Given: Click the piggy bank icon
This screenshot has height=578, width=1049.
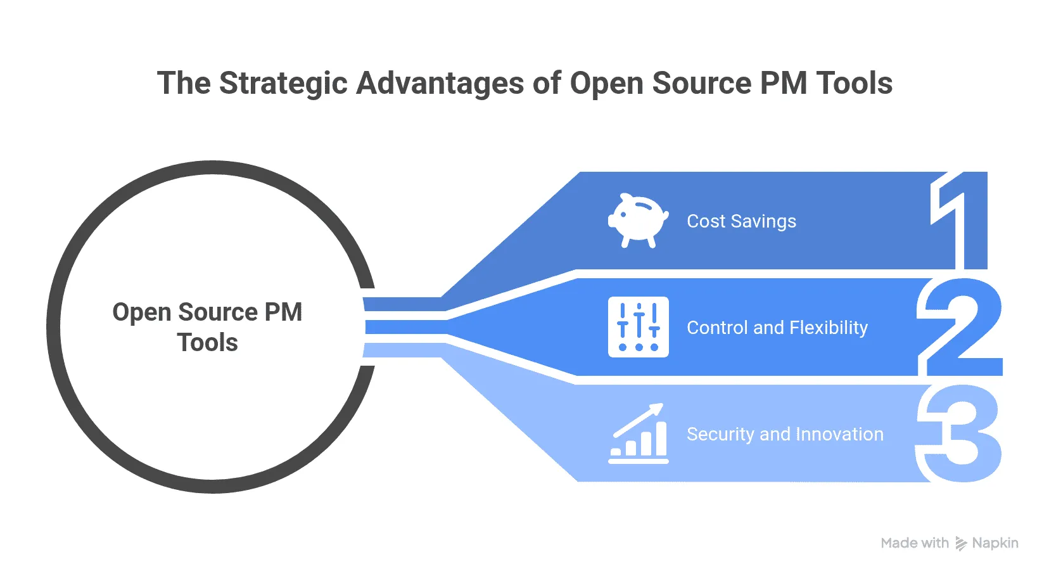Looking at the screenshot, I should click(x=638, y=220).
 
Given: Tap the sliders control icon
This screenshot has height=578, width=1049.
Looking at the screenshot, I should click(x=638, y=327).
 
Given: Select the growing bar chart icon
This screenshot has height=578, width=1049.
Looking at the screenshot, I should click(x=638, y=434).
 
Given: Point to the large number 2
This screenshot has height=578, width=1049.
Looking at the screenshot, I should click(x=960, y=328).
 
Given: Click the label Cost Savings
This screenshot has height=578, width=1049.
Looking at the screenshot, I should click(x=741, y=221).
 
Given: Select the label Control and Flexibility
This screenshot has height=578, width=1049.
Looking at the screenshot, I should click(x=777, y=328).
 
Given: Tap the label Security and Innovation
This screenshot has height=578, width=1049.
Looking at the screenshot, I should click(x=784, y=434).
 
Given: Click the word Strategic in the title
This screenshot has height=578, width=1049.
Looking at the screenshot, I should click(x=283, y=84).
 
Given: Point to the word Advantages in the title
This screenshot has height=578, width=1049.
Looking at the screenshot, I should click(x=440, y=84).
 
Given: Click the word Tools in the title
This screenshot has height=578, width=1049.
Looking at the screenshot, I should click(x=854, y=84).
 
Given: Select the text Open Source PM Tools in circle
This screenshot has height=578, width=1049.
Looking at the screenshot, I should click(x=207, y=327).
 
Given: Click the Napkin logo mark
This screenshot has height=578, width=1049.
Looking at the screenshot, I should click(x=960, y=543).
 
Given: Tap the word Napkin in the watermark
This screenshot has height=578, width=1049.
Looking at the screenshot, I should click(x=995, y=543).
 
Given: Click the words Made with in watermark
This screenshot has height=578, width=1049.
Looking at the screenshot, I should click(x=914, y=543).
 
